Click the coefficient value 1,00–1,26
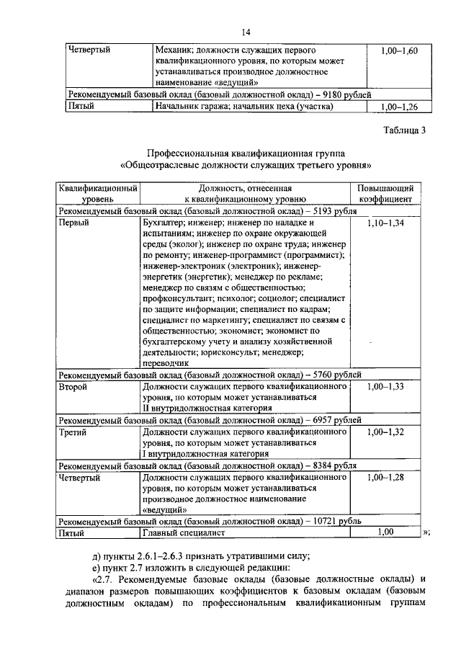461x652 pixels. [398, 107]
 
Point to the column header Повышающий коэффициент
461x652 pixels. [385, 194]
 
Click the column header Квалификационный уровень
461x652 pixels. [97, 194]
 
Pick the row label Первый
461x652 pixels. [74, 224]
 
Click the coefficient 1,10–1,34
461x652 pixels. [385, 224]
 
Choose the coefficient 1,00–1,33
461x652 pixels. [385, 387]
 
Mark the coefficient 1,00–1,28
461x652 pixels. [385, 477]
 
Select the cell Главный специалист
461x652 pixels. [184, 533]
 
